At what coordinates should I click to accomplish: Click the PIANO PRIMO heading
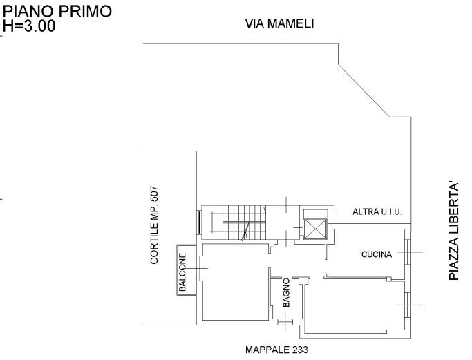[x=57, y=12]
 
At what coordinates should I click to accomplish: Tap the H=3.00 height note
[x=29, y=26]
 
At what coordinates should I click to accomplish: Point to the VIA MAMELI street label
[x=279, y=23]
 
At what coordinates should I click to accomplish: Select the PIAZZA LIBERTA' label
[x=454, y=231]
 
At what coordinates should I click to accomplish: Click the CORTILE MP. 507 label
[x=154, y=225]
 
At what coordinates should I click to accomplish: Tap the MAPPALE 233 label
[x=276, y=350]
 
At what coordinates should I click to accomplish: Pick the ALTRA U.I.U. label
[x=377, y=211]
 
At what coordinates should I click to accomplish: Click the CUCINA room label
[x=377, y=254]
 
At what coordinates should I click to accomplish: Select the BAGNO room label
[x=286, y=292]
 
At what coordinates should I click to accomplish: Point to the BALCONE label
[x=182, y=272]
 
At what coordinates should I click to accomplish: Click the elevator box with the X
[x=315, y=229]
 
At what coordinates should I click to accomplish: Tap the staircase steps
[x=244, y=222]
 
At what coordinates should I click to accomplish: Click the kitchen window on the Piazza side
[x=408, y=252]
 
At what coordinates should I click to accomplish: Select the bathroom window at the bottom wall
[x=285, y=322]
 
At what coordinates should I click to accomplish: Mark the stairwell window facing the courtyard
[x=199, y=222]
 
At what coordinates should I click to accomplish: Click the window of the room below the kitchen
[x=408, y=305]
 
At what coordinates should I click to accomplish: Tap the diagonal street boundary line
[x=364, y=91]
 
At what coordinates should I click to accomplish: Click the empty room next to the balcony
[x=236, y=282]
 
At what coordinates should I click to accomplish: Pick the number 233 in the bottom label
[x=300, y=350]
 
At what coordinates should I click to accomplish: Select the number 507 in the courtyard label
[x=154, y=194]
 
